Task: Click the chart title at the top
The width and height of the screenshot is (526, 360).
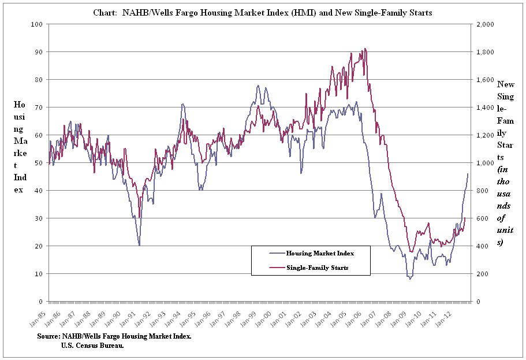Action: (x=263, y=12)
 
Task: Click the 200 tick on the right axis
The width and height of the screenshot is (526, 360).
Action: (x=480, y=274)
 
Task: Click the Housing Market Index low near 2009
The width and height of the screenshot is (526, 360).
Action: (x=410, y=279)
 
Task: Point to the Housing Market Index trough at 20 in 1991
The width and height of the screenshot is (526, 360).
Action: (x=139, y=245)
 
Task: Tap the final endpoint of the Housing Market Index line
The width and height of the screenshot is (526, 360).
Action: (x=468, y=174)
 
